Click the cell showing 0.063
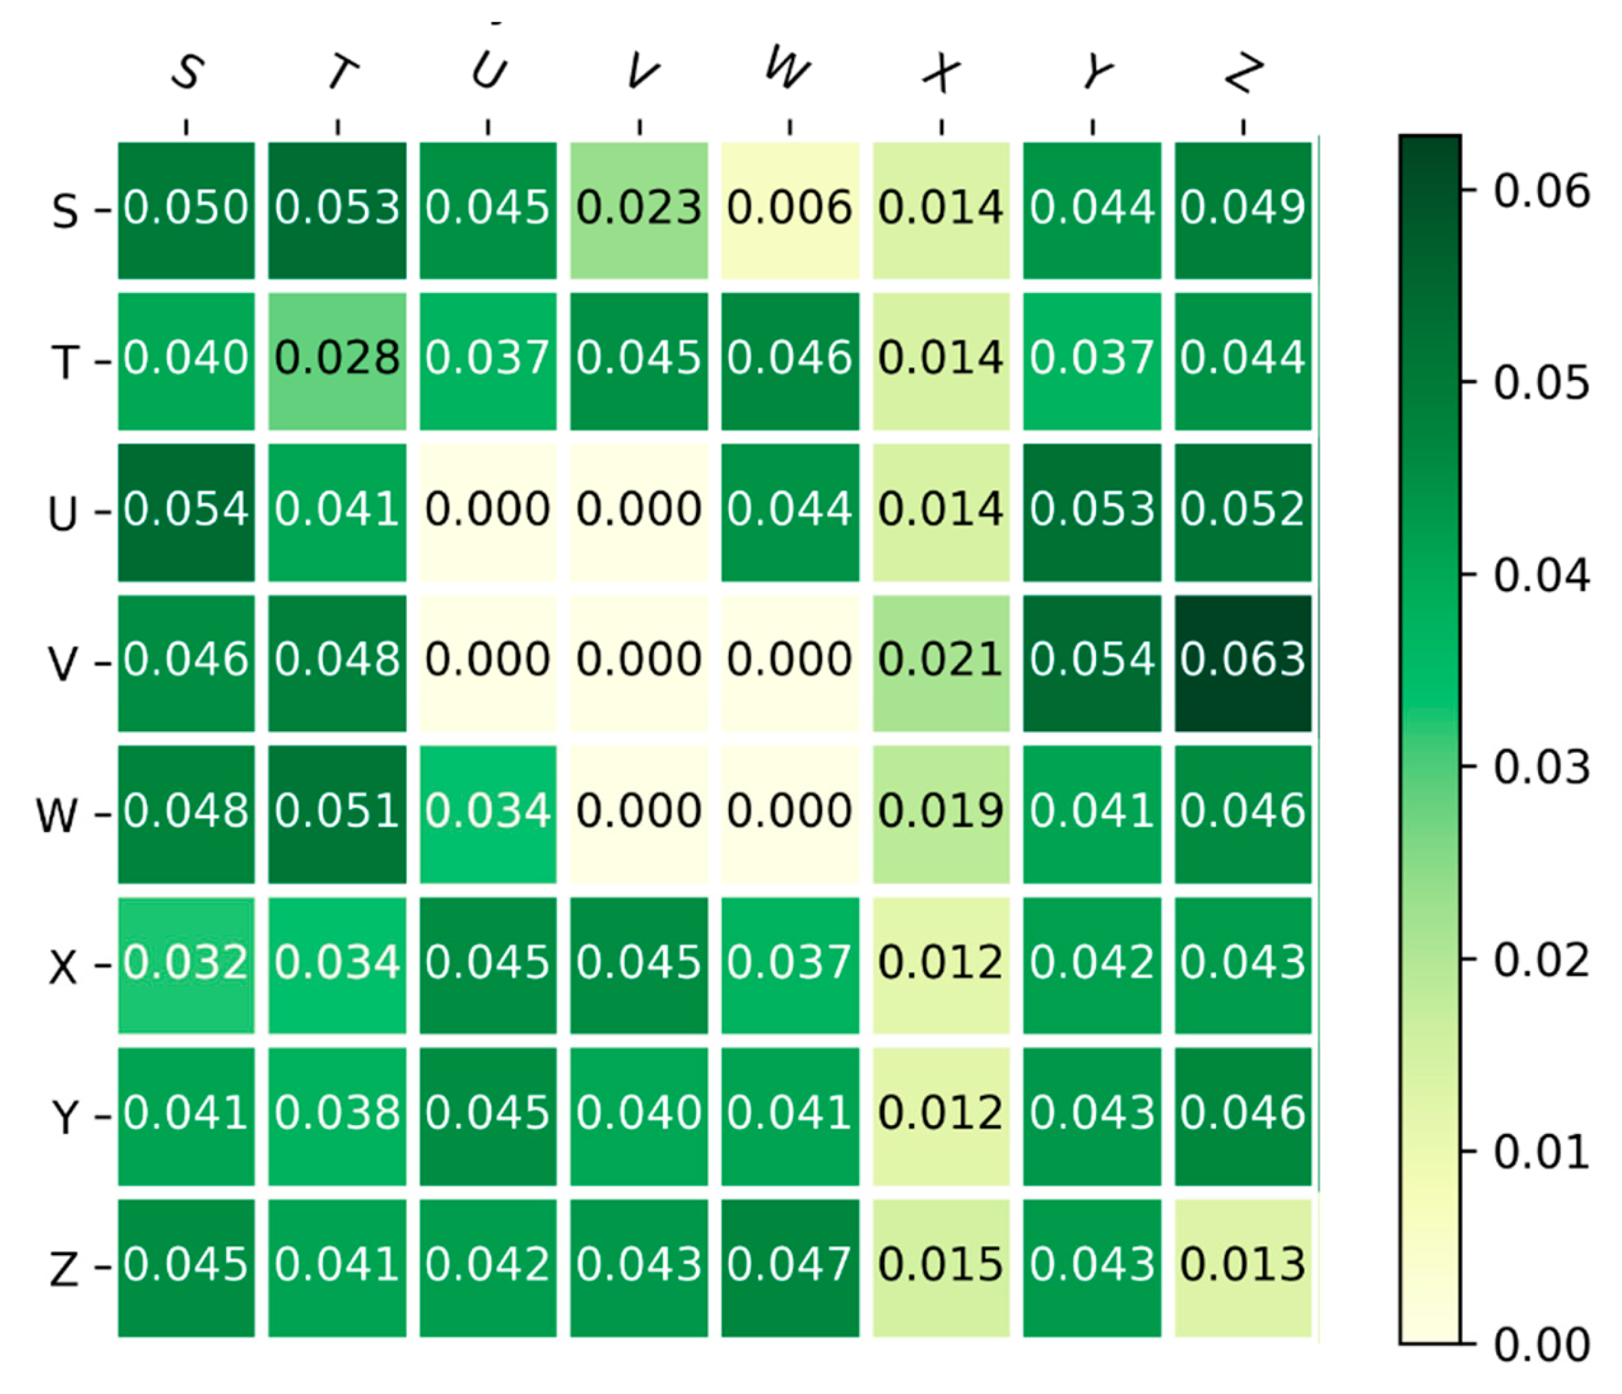[x=1242, y=663]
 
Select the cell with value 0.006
[x=789, y=210]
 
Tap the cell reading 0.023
[x=639, y=210]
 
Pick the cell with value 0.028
[x=336, y=361]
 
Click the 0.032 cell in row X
[x=186, y=965]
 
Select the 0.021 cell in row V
[x=941, y=663]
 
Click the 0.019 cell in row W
[x=941, y=814]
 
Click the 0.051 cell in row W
[x=336, y=814]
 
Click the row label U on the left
[x=63, y=515]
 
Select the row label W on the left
[x=57, y=816]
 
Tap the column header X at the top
[x=941, y=74]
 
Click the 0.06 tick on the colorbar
[x=1541, y=192]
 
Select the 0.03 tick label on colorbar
[x=1541, y=767]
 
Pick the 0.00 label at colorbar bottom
[x=1541, y=1345]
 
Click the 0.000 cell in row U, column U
[x=487, y=512]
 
